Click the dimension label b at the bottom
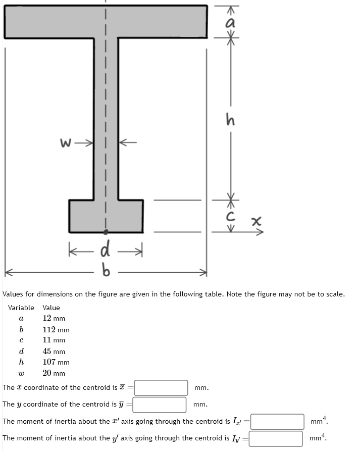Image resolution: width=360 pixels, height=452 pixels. click(x=106, y=273)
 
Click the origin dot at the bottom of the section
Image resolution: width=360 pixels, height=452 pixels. click(x=106, y=232)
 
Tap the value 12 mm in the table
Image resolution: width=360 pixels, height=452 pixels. click(x=54, y=318)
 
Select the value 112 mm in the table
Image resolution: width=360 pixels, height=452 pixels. click(x=56, y=330)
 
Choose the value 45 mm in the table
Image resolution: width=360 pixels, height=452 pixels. click(x=54, y=351)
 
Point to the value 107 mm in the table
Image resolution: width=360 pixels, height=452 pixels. click(x=56, y=362)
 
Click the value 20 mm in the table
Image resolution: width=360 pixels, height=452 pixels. click(x=54, y=373)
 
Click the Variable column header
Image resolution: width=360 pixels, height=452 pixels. click(x=21, y=308)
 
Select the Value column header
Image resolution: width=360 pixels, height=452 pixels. click(x=51, y=308)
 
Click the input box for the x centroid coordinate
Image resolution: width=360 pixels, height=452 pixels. click(x=161, y=388)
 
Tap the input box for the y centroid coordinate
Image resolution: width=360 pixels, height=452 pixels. click(x=160, y=405)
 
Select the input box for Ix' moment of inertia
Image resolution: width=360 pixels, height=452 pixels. click(x=277, y=421)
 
